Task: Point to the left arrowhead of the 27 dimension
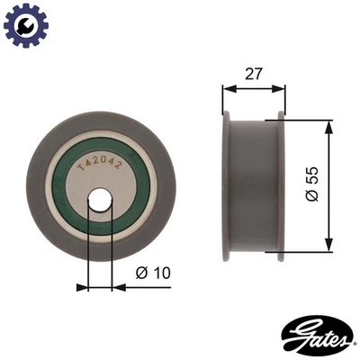click(226, 89)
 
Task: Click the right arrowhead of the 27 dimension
click(282, 89)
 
